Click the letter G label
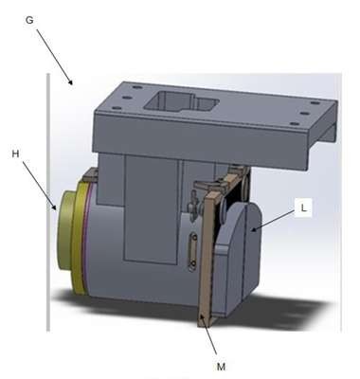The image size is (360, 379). (x=29, y=20)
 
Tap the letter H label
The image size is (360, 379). (x=15, y=154)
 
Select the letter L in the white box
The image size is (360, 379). (x=303, y=208)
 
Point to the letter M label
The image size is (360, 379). (x=221, y=367)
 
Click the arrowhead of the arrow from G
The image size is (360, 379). (x=71, y=82)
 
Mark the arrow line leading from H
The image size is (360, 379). (x=39, y=185)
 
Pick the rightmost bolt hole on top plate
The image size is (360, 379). (x=314, y=102)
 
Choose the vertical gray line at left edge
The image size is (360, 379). (x=48, y=202)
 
